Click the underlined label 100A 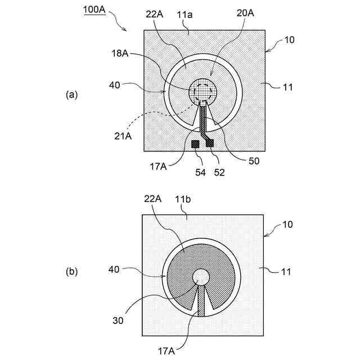(x=94, y=10)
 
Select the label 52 (x=219, y=172)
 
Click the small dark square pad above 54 (x=195, y=145)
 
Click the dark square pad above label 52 (x=210, y=144)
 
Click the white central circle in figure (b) (x=201, y=277)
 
